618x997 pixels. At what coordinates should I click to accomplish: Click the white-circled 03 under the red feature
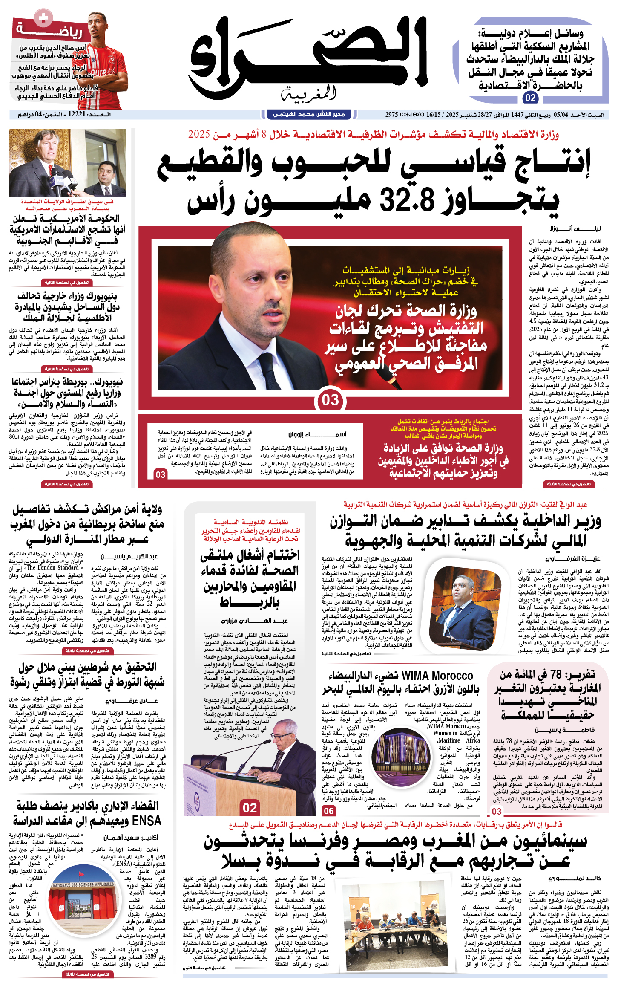(x=330, y=400)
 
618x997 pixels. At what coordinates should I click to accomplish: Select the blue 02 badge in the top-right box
(x=530, y=98)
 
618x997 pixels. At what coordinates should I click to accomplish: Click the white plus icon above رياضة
(x=43, y=18)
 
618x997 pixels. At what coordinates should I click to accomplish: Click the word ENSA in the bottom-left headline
(x=147, y=821)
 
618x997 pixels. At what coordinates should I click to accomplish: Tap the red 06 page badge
(x=328, y=810)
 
